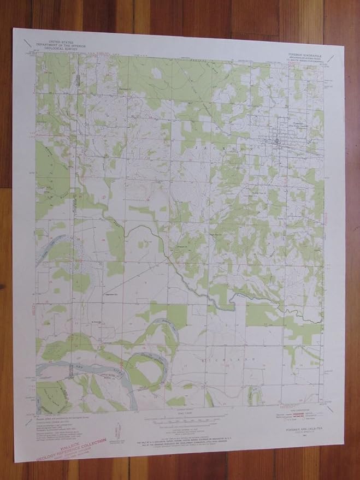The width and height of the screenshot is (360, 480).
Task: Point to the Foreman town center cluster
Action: [278, 144]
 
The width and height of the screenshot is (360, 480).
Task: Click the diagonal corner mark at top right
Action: [335, 50]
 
